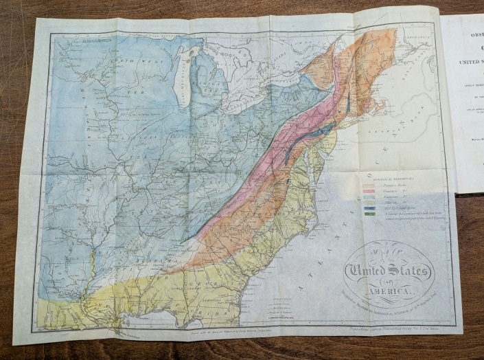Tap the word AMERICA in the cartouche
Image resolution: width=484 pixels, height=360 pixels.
[389, 292]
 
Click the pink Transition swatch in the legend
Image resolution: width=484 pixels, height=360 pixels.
[370, 187]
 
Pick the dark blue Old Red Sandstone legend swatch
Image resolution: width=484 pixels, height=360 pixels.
[370, 207]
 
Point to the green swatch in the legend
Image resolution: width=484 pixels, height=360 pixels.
[370, 214]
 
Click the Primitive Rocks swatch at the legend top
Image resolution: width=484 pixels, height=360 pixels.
[370, 181]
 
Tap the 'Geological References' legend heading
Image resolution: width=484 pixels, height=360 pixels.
[384, 175]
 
